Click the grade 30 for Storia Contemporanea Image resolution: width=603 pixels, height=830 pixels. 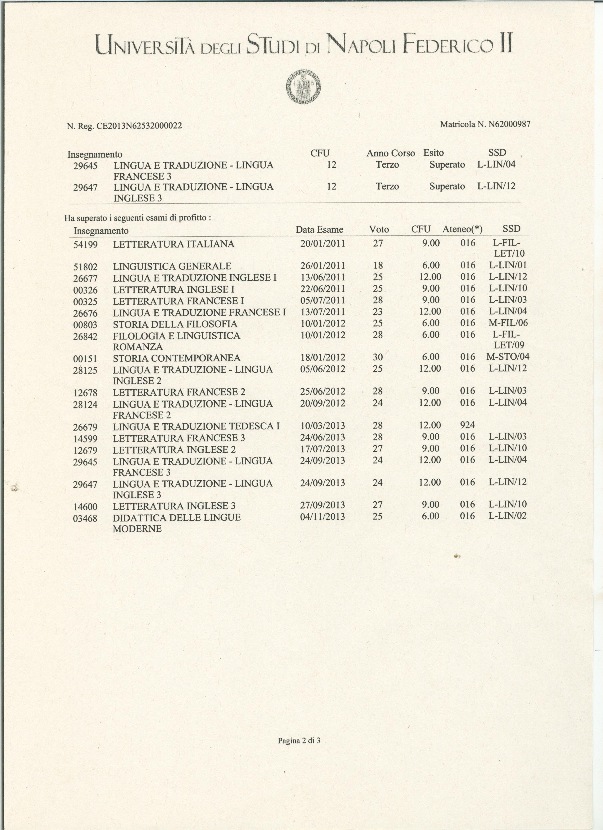point(378,357)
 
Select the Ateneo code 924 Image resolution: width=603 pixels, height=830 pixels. point(467,425)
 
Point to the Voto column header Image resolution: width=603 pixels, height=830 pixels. point(379,230)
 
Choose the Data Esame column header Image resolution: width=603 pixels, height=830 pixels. point(319,230)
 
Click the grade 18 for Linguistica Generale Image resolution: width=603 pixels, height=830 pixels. point(378,265)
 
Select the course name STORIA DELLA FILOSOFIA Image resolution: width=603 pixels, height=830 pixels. point(175,324)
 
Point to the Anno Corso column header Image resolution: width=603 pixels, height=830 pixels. point(391,153)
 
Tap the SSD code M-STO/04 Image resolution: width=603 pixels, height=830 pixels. point(507,357)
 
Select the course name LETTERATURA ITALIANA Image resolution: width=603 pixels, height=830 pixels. point(174,244)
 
